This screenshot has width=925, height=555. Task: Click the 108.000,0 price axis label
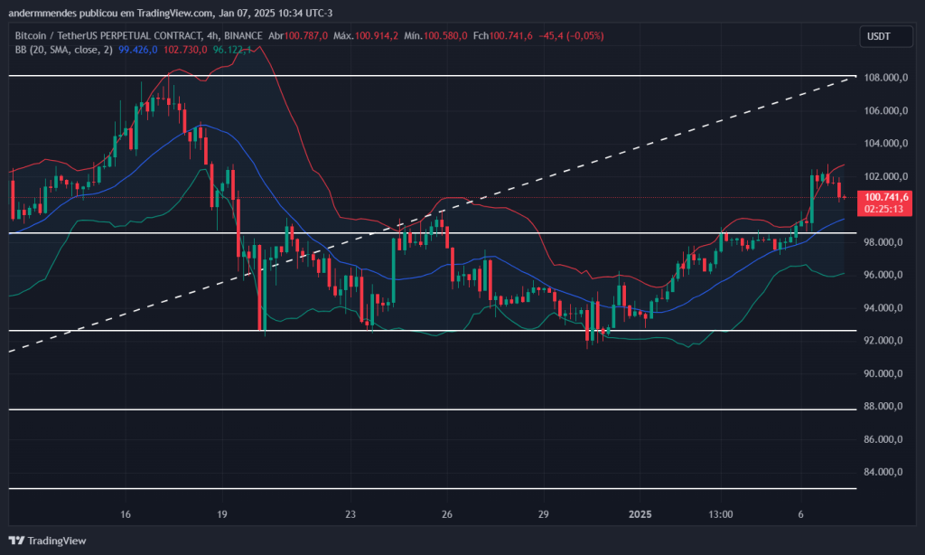(885, 78)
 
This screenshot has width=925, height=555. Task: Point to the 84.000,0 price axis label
(885, 472)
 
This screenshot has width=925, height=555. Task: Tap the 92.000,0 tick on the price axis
(885, 341)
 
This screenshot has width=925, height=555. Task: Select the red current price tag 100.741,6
(886, 197)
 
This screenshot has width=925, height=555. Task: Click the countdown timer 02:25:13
(886, 209)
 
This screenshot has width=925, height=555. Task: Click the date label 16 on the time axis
(126, 514)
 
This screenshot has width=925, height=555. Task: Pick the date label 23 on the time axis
(351, 514)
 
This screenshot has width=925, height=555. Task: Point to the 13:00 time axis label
(720, 514)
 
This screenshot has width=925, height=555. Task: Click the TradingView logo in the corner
(50, 541)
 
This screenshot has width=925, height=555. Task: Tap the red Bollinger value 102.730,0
(185, 50)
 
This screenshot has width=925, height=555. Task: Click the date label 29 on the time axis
(544, 514)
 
